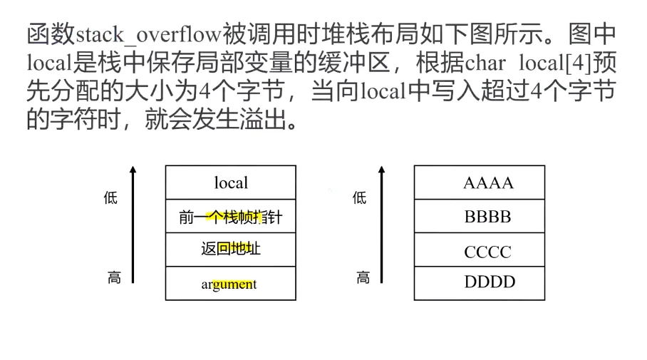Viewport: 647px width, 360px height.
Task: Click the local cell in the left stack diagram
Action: click(x=230, y=182)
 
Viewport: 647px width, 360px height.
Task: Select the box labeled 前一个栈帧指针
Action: click(x=230, y=217)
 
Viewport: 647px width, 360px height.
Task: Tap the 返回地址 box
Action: click(x=230, y=250)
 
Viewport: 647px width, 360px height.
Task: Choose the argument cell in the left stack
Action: click(x=230, y=284)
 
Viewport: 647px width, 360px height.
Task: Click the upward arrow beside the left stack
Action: click(x=132, y=225)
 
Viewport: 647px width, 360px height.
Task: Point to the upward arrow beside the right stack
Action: click(x=381, y=225)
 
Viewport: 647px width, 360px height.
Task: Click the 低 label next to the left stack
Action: click(x=110, y=198)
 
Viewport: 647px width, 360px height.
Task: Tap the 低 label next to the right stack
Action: click(x=360, y=198)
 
